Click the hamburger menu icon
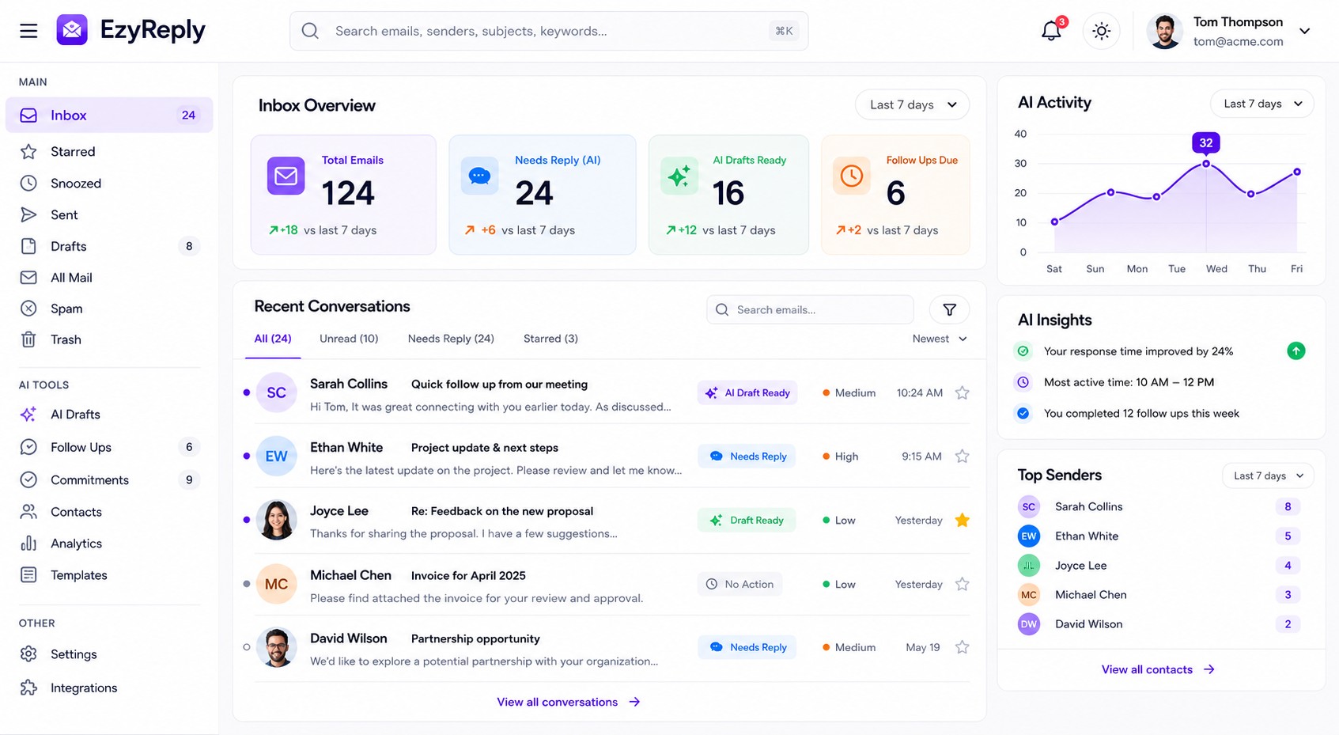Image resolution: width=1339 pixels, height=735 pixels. click(x=28, y=31)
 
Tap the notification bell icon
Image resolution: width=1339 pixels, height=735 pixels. click(x=1051, y=31)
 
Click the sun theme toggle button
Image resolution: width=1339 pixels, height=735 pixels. click(x=1101, y=31)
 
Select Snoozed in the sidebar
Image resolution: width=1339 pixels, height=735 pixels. click(x=75, y=183)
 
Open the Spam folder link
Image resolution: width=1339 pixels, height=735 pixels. click(x=66, y=309)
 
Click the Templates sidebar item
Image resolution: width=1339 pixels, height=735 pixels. click(x=78, y=574)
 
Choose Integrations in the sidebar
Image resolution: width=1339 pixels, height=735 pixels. click(x=84, y=688)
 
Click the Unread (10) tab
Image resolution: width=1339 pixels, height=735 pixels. click(x=349, y=339)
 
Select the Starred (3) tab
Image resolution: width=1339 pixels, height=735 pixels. click(x=550, y=339)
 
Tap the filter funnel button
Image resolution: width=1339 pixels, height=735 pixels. click(x=949, y=309)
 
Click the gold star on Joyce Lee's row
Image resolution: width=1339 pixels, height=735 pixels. click(x=962, y=521)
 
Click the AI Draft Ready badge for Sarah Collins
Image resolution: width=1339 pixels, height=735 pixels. click(x=747, y=393)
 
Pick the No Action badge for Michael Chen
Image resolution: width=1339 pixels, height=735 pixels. click(x=739, y=585)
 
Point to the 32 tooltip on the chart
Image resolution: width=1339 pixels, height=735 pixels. click(x=1205, y=143)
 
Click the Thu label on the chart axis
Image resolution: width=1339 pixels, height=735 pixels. click(x=1257, y=269)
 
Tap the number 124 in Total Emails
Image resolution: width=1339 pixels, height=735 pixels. click(x=348, y=193)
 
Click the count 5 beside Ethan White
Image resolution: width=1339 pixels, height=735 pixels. click(x=1288, y=536)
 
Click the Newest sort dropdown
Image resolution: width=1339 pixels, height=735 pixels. click(x=939, y=339)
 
